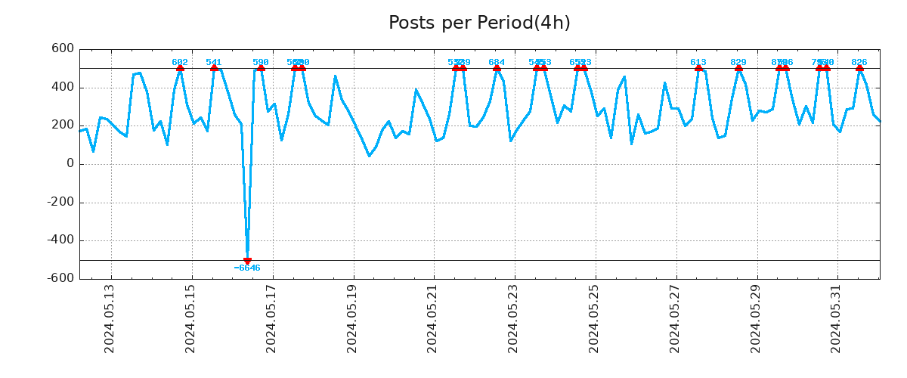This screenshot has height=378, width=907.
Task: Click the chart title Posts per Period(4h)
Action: coord(479,23)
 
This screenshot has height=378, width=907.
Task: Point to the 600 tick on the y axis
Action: coord(62,49)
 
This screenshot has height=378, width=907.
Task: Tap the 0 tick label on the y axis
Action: coord(70,164)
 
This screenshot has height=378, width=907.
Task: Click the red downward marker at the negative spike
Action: coord(247,261)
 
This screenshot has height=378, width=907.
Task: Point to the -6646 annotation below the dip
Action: coord(247,268)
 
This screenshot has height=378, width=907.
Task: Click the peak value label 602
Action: coord(180,62)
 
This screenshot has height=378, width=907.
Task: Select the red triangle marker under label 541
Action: coord(214,68)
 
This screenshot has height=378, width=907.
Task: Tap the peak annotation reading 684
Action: coord(497,62)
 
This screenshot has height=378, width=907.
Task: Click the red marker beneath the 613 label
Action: coord(698,68)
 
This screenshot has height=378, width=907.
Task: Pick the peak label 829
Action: coord(738,62)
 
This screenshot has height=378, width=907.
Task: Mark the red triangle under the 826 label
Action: coord(859,68)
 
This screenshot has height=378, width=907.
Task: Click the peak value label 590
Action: coord(261,62)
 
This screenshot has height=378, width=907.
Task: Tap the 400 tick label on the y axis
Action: coord(62,88)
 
